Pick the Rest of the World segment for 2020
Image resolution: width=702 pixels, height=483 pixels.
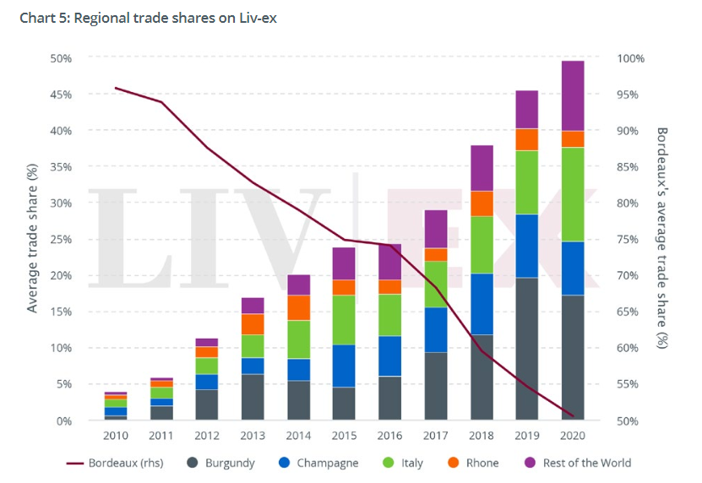coord(573,95)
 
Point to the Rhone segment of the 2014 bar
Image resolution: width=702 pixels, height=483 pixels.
coord(299,307)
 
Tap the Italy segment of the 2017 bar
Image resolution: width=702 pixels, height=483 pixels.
coord(436,284)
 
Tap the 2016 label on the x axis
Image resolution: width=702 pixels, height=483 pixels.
coord(389,436)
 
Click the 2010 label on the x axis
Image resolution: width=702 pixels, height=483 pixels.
coord(115,436)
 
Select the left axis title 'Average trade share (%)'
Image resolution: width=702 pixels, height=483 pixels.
coord(33,239)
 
